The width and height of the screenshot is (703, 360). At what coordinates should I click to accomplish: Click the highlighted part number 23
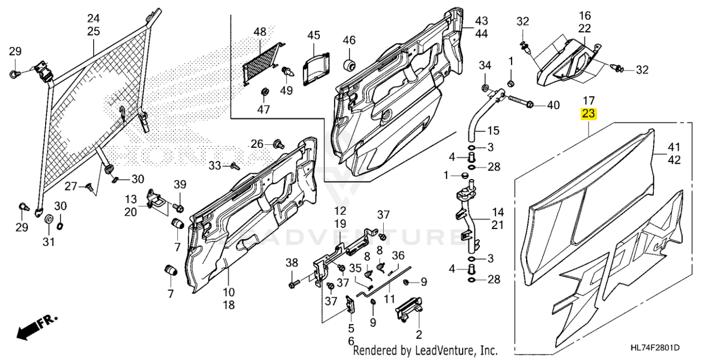coord(588,114)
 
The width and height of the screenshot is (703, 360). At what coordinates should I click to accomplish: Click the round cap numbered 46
coord(350,64)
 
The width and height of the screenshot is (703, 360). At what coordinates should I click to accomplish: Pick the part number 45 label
coord(313,35)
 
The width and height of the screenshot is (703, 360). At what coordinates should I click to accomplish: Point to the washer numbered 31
coord(49,219)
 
